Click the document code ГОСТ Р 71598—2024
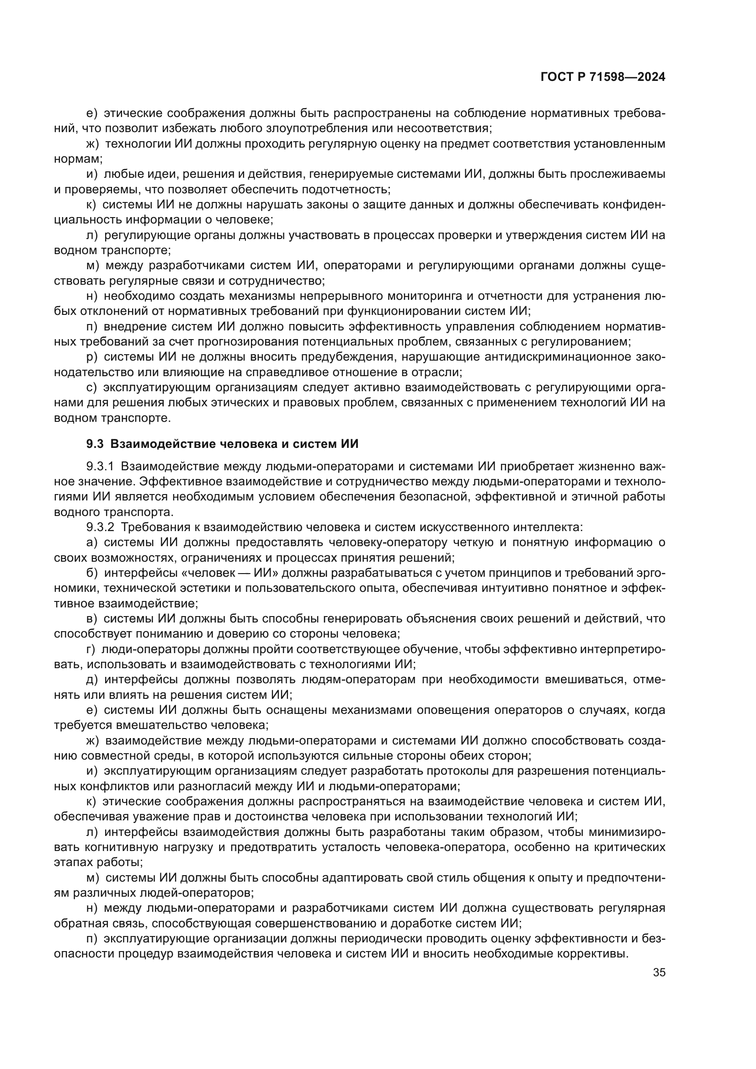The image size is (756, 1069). pos(602,77)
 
